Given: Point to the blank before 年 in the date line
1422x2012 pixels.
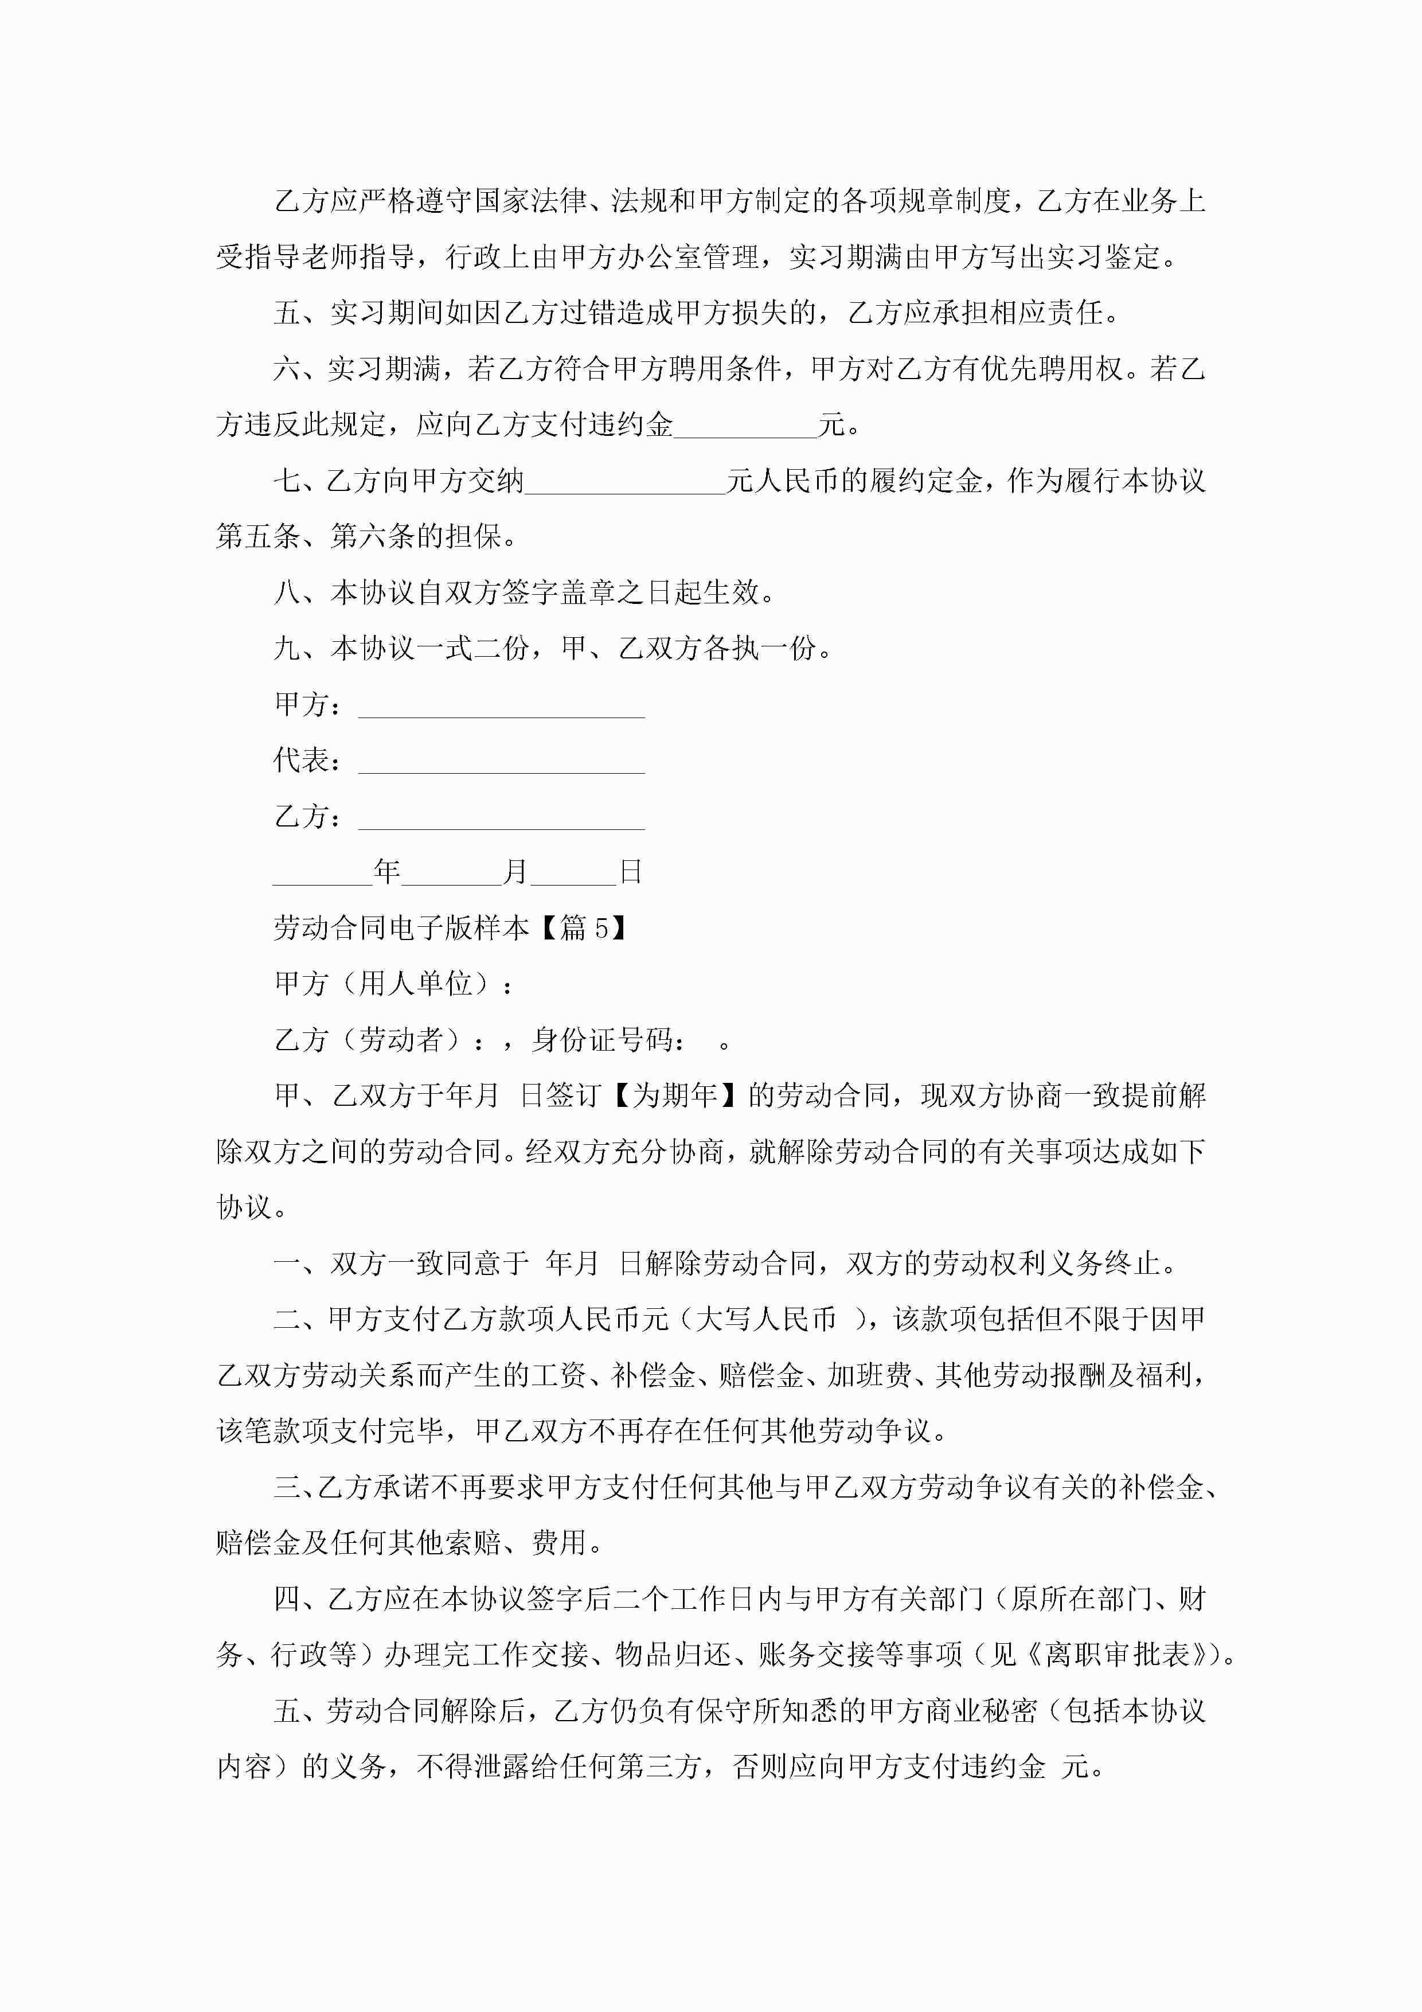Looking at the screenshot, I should pos(322,875).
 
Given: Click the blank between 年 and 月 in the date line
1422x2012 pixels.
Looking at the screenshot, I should pos(451,875).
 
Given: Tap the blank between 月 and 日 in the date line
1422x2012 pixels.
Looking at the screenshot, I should pos(573,875).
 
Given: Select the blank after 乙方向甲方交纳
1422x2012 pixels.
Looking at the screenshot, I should pos(624,483).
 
